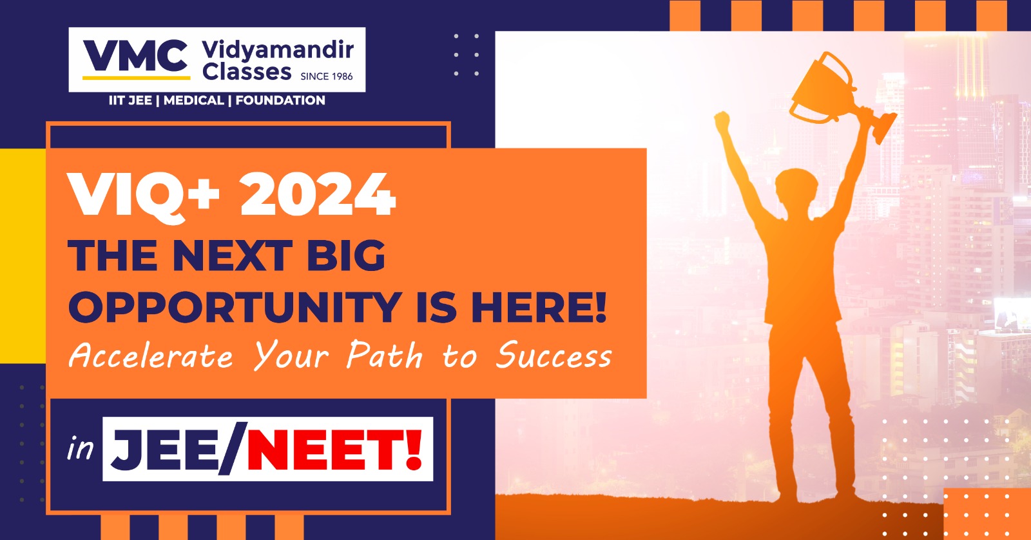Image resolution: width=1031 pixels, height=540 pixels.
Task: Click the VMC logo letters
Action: point(135,55)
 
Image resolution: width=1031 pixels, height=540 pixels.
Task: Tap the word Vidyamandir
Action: point(278,50)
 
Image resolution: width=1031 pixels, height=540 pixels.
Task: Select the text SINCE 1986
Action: point(326,76)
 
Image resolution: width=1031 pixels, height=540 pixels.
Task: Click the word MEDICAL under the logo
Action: point(194,100)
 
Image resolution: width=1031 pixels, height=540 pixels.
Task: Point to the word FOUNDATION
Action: point(280,100)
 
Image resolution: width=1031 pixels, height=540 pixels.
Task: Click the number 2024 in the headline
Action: point(318,194)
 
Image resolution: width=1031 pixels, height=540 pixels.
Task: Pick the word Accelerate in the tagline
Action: point(151,355)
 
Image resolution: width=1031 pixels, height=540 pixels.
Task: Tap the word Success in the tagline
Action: point(554,355)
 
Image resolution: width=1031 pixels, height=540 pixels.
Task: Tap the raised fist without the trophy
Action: point(722,121)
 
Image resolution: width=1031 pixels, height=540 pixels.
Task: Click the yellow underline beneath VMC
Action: point(136,78)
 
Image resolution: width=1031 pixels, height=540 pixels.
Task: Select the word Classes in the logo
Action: point(247,72)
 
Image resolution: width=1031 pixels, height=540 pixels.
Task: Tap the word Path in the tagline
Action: point(385,355)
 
